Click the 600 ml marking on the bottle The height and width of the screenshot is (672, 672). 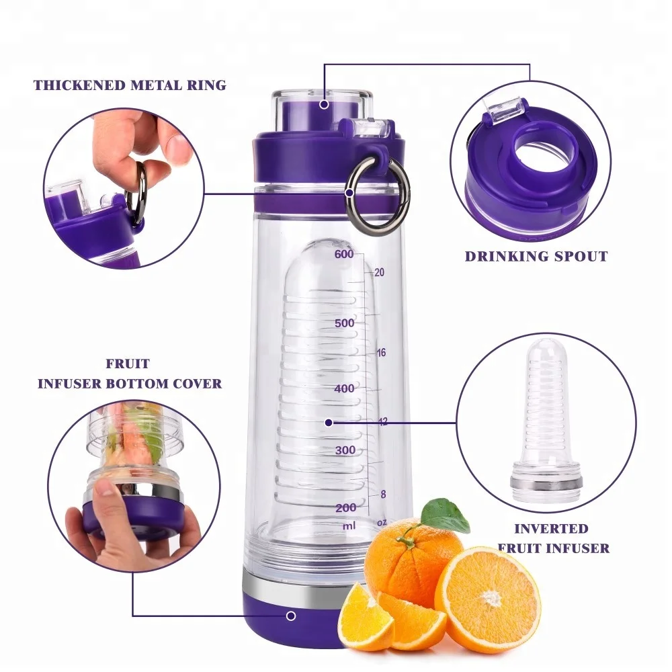343,254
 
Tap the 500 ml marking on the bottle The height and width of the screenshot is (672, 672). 344,323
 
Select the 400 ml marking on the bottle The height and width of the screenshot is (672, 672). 344,388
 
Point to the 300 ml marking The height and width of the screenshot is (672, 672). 345,450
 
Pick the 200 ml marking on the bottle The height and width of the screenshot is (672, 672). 345,507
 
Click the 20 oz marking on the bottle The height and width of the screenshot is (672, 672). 379,272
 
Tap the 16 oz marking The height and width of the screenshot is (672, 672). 381,353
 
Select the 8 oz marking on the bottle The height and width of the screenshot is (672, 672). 383,495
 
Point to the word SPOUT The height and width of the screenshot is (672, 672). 577,256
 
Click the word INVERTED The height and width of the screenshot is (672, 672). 542,529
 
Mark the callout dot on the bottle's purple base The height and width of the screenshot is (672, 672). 291,616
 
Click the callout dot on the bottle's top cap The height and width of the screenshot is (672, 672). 324,104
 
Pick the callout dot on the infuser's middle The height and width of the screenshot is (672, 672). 329,423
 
